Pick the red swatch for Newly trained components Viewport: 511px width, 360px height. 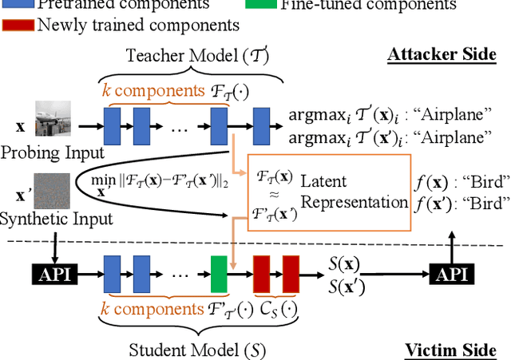click(x=18, y=24)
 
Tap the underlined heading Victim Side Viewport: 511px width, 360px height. click(x=450, y=350)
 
